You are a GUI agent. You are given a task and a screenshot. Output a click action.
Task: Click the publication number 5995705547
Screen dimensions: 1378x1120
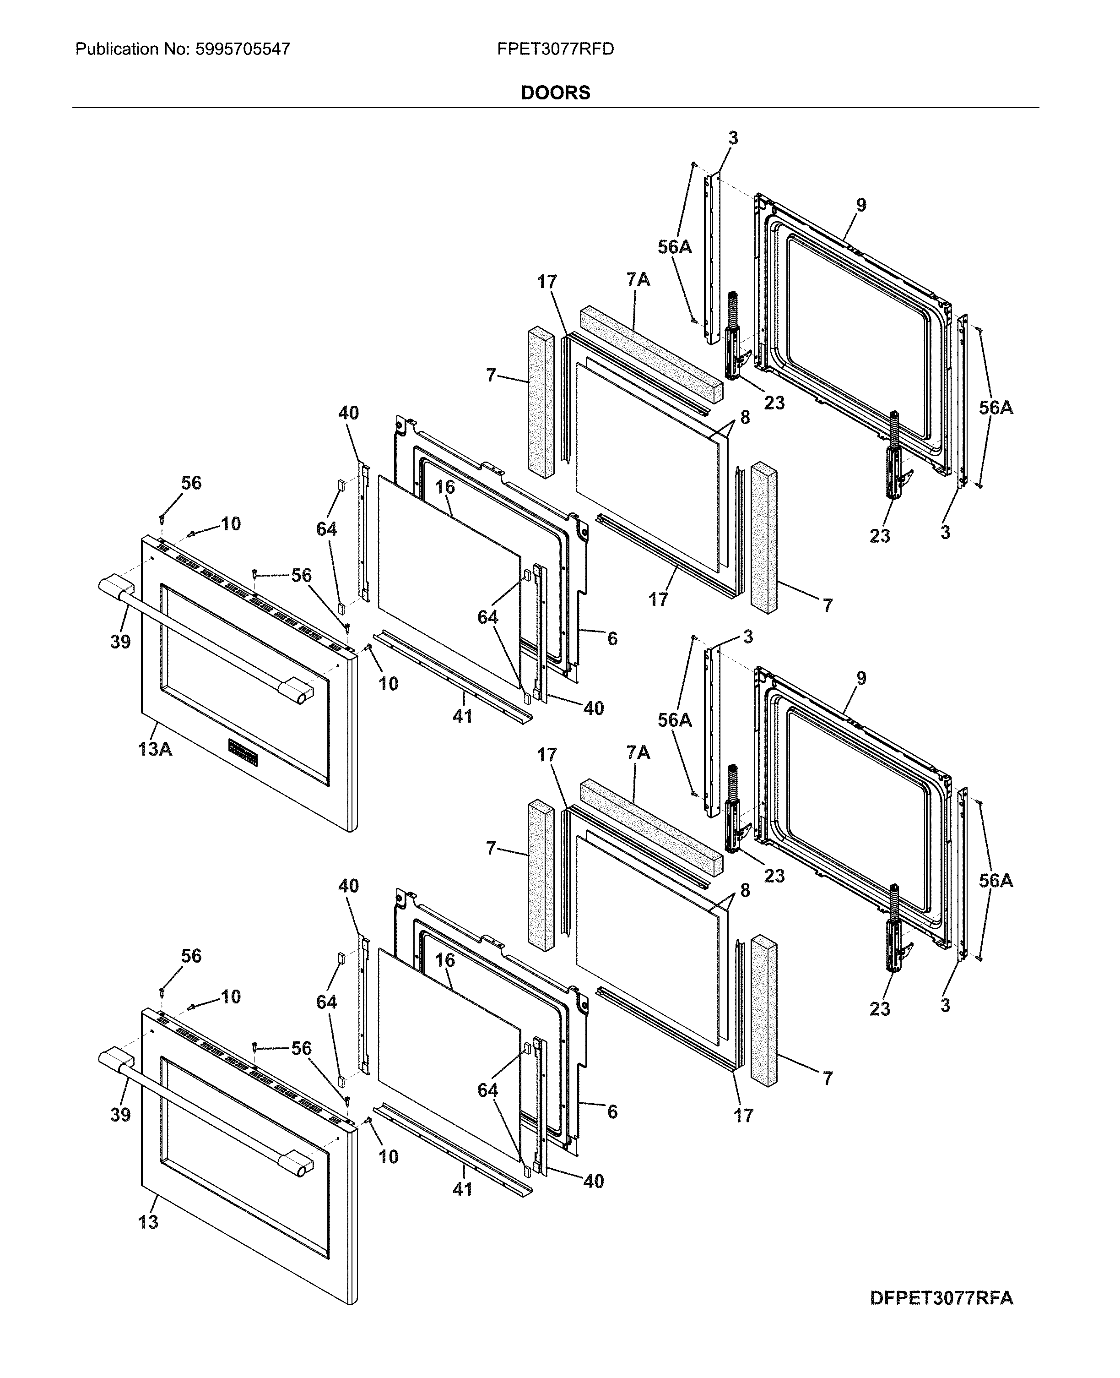(x=240, y=49)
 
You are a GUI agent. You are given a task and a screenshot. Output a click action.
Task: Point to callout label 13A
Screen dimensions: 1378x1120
(x=155, y=749)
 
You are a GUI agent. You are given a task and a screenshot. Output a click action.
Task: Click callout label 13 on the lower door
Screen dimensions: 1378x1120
(x=148, y=1222)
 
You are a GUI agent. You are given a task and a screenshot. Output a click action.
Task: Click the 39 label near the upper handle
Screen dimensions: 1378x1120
(x=120, y=642)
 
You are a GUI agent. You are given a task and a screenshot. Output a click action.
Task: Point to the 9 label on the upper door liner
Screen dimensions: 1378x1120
(x=861, y=205)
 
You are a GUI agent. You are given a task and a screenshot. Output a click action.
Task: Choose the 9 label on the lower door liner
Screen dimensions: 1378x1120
(x=861, y=678)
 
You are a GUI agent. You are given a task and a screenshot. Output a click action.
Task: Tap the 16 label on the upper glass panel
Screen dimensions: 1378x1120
(x=444, y=487)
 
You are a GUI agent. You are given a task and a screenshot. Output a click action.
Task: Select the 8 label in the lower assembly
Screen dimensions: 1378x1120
(x=745, y=890)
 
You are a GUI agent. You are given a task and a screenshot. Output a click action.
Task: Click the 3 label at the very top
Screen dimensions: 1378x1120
(x=733, y=138)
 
